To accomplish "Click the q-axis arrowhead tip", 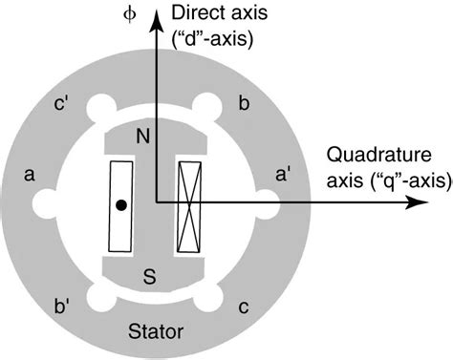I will (423, 202).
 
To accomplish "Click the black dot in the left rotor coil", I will (120, 204).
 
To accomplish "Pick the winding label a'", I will (285, 175).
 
